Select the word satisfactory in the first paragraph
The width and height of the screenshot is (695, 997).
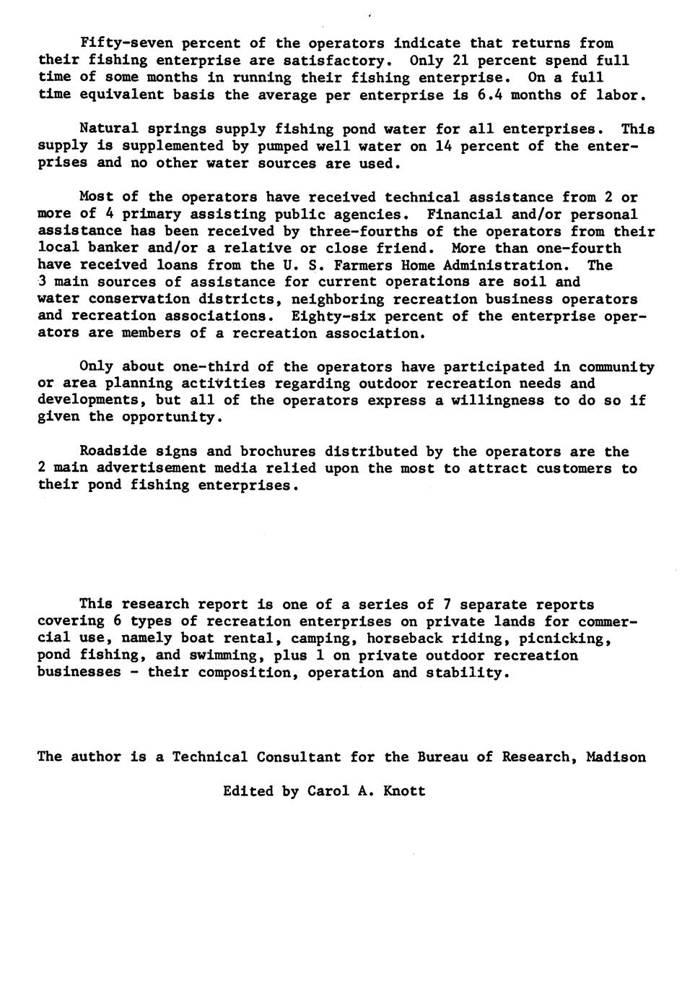pos(339,61)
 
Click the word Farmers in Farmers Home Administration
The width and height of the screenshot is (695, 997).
pos(364,265)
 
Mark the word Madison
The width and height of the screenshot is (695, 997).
pos(616,757)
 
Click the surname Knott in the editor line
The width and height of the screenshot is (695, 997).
pos(405,791)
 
